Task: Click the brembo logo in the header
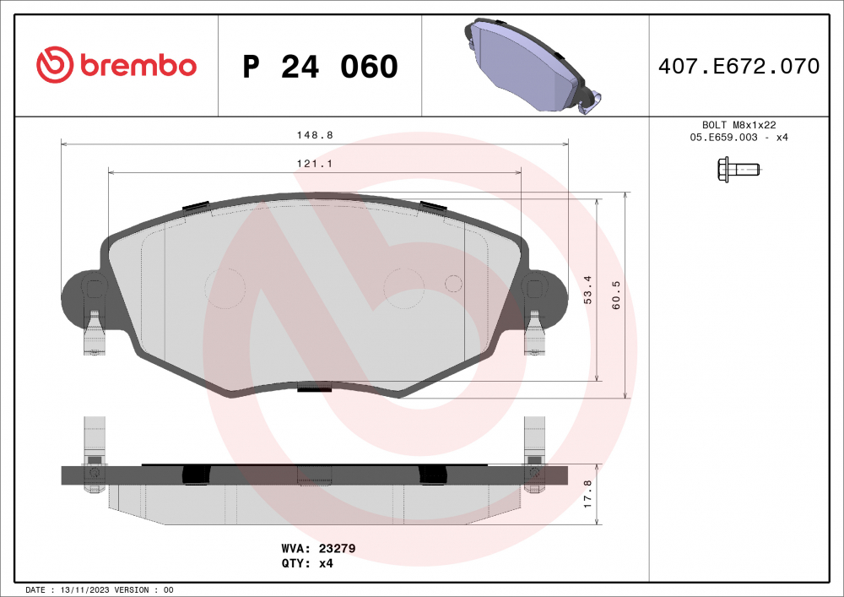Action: [x=116, y=65]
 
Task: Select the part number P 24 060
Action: [x=320, y=67]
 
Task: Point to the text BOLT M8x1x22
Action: [x=738, y=123]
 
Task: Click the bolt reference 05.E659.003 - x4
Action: [x=738, y=137]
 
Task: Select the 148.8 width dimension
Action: [x=308, y=134]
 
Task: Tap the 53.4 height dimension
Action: [x=589, y=290]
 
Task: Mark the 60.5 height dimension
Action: [x=616, y=295]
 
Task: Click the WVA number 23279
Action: [x=337, y=548]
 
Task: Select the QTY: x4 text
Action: [x=307, y=563]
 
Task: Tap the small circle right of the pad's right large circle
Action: [x=453, y=284]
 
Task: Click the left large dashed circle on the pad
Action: [x=225, y=288]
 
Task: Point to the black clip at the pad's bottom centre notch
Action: [x=315, y=388]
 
